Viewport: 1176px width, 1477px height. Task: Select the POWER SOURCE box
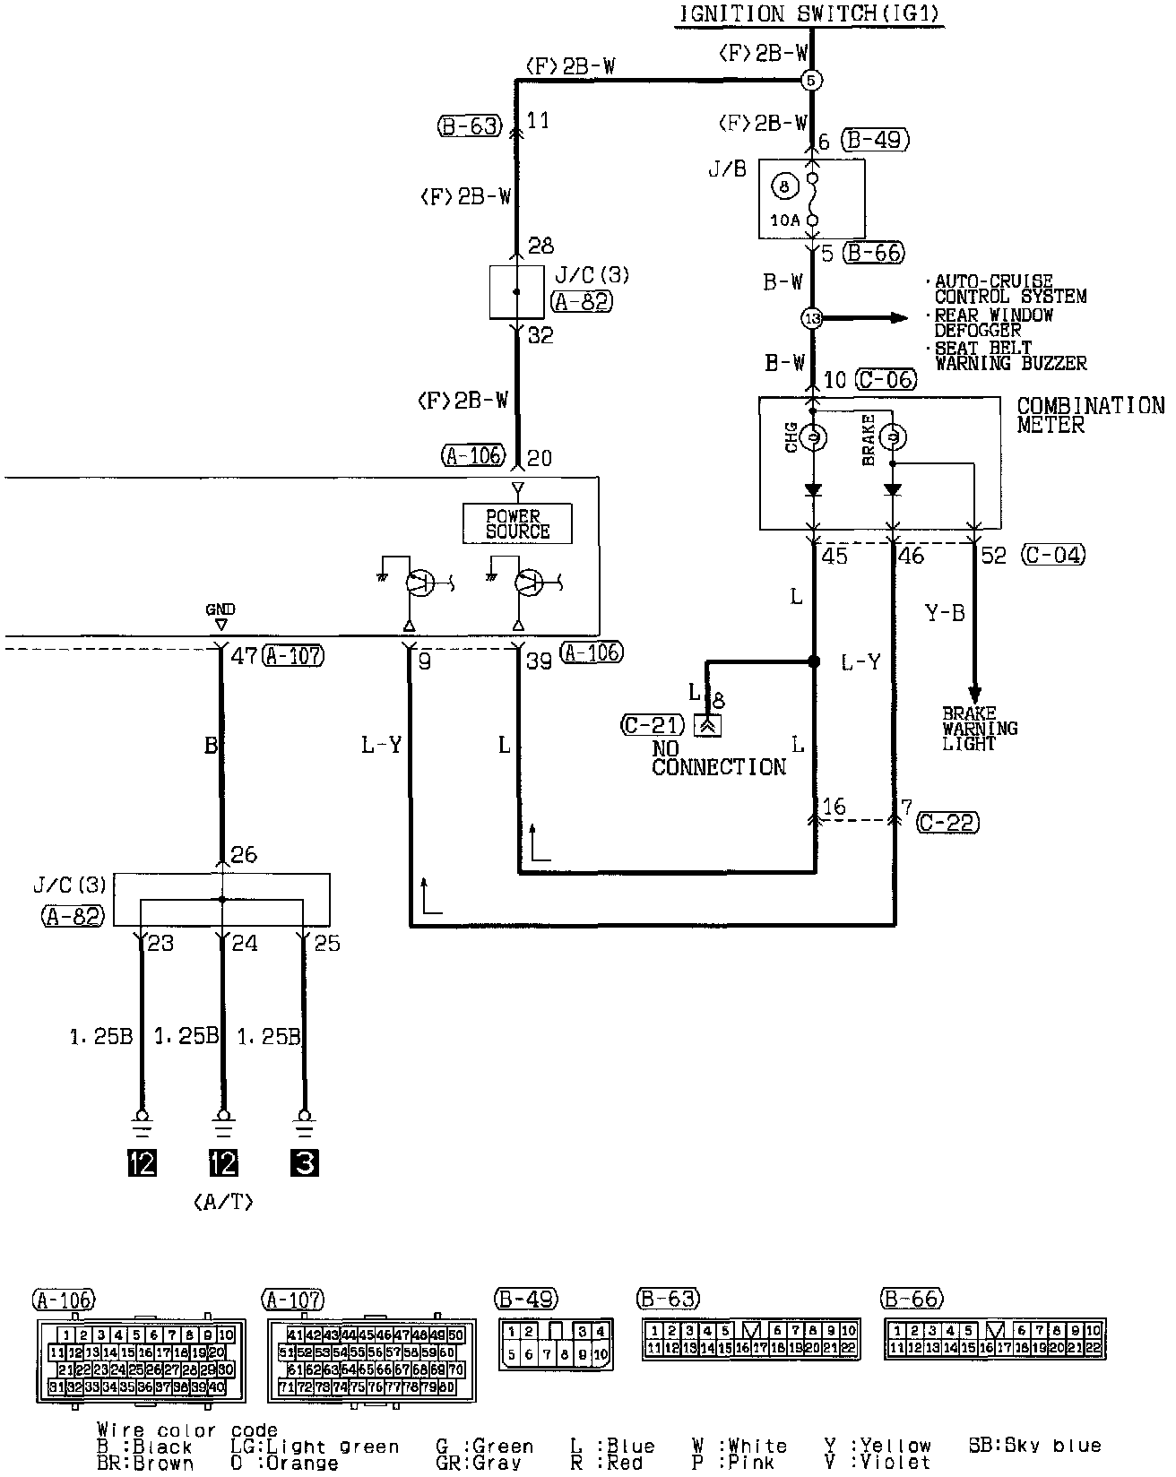517,523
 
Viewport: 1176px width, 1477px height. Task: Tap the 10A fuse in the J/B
813,200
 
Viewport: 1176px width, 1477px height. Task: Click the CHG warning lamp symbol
814,438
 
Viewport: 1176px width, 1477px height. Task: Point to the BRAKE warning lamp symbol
893,438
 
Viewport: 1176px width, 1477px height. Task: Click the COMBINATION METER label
1089,415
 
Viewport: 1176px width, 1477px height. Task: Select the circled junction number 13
812,318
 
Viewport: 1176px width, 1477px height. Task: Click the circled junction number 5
812,80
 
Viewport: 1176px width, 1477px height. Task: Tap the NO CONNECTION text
719,758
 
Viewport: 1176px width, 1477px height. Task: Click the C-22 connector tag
947,822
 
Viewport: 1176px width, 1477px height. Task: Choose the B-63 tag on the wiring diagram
469,126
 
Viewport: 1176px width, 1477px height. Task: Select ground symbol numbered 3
305,1162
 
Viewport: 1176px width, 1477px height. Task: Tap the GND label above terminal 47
220,609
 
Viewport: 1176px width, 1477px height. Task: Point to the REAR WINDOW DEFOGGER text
993,323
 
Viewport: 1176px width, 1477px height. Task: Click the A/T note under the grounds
222,1203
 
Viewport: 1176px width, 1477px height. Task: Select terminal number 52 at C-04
993,557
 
